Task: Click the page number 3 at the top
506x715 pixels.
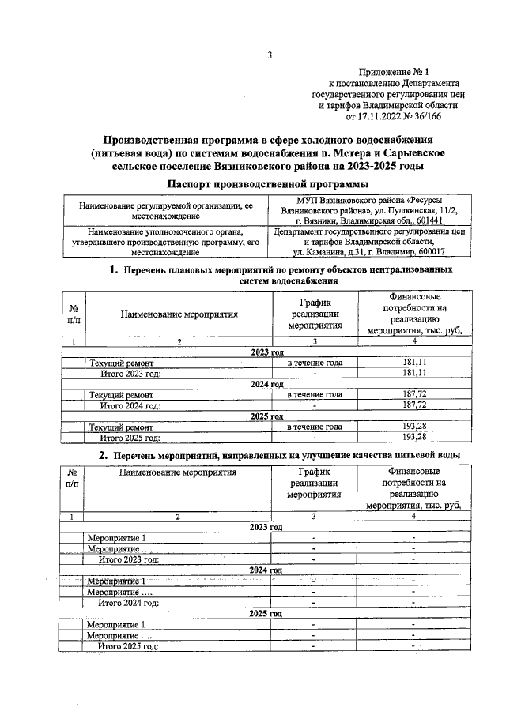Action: click(x=269, y=55)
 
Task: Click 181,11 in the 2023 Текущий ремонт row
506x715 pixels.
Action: click(x=414, y=362)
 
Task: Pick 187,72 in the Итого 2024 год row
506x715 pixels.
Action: click(x=414, y=405)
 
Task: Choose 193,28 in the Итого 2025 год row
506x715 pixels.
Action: click(x=414, y=437)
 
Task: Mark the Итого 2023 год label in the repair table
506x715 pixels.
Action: click(x=130, y=373)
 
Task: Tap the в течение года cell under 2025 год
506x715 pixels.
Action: click(x=314, y=427)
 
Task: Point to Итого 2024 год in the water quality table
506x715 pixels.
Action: click(x=129, y=601)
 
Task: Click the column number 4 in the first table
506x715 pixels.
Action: click(x=414, y=341)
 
